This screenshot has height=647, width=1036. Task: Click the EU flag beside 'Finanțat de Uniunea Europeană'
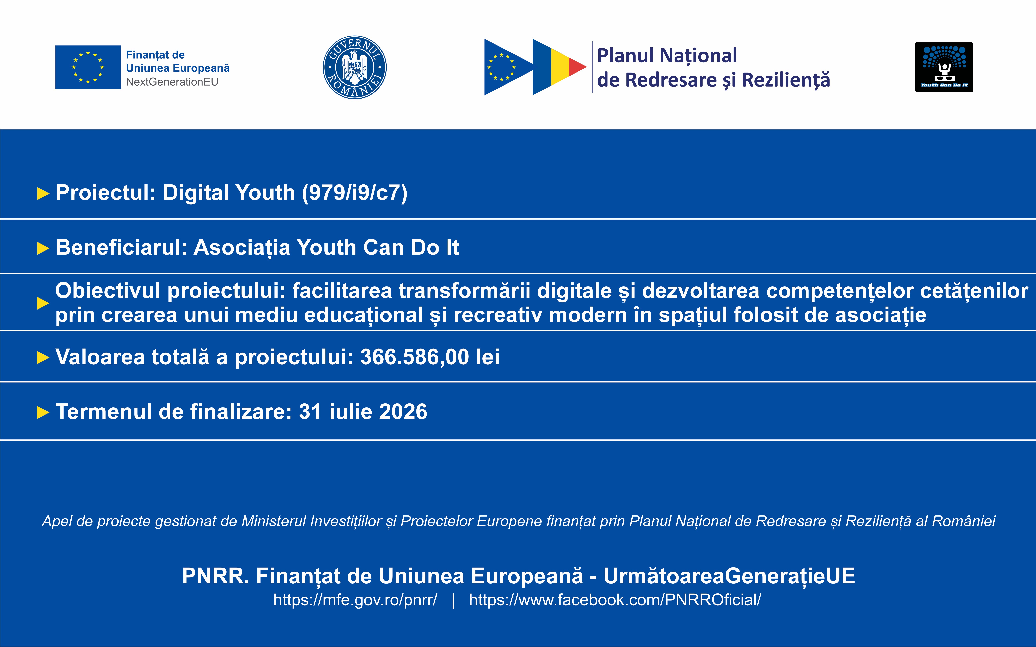(88, 67)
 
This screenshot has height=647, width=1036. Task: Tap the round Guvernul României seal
(354, 67)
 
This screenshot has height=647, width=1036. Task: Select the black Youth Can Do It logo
(944, 67)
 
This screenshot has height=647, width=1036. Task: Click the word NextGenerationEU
(172, 82)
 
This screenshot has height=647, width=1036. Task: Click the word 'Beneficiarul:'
(122, 247)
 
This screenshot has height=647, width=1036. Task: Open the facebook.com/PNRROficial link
(615, 600)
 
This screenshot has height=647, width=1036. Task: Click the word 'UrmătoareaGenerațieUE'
(729, 576)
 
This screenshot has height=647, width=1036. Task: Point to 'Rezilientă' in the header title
(786, 80)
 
